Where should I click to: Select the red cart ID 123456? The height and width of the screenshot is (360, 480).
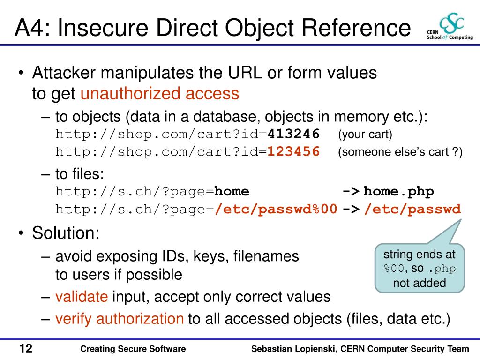click(294, 152)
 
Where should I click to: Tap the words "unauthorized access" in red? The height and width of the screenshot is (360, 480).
click(160, 94)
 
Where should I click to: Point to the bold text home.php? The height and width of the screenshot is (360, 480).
click(399, 192)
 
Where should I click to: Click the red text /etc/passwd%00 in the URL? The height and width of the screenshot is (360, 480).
click(276, 209)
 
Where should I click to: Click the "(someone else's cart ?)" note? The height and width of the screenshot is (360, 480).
click(400, 152)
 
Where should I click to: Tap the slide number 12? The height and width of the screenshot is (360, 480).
click(26, 349)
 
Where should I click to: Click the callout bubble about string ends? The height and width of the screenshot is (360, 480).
click(420, 268)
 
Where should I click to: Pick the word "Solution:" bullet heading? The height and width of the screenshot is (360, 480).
click(66, 233)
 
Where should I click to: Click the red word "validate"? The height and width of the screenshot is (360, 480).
click(82, 297)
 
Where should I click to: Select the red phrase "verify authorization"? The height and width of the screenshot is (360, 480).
click(120, 319)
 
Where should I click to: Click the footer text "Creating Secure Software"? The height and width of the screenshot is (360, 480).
click(133, 349)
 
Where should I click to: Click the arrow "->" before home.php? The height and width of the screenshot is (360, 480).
click(351, 192)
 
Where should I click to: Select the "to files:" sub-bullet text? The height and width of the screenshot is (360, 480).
click(80, 174)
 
